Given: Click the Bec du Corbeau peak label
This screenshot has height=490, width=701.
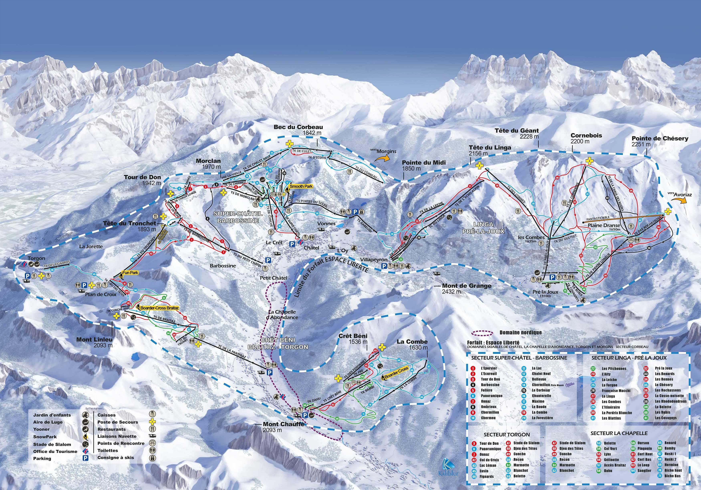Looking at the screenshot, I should [298, 127].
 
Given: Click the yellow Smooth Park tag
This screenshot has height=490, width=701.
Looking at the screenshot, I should [301, 186].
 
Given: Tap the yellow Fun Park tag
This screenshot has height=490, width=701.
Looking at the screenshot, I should [130, 273].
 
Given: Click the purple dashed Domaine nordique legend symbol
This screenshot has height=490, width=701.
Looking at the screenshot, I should [484, 332].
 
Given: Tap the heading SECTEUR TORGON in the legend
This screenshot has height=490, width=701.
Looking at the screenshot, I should [507, 435].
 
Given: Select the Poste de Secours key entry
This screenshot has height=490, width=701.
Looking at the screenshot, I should [118, 422].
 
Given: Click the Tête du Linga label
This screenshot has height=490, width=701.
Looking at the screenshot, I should [490, 148].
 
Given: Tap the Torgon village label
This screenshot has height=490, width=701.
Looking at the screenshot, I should [36, 258].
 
